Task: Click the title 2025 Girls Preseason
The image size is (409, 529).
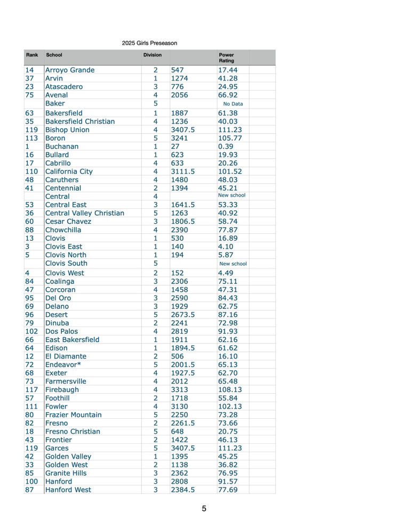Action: pyautogui.click(x=149, y=43)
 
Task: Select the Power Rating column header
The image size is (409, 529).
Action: pyautogui.click(x=227, y=58)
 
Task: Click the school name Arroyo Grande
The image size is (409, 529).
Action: pyautogui.click(x=70, y=70)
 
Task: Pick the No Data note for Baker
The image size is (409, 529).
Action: pyautogui.click(x=233, y=104)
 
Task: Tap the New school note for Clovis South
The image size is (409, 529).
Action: pyautogui.click(x=233, y=264)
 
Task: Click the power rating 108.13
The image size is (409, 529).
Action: pyautogui.click(x=230, y=389)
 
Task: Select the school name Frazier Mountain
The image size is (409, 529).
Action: pyautogui.click(x=74, y=414)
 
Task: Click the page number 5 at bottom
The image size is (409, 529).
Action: pyautogui.click(x=204, y=509)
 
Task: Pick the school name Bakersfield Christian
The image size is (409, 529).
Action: pyautogui.click(x=80, y=121)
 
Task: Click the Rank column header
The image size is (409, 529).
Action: pyautogui.click(x=32, y=55)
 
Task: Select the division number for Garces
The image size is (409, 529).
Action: pyautogui.click(x=155, y=448)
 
